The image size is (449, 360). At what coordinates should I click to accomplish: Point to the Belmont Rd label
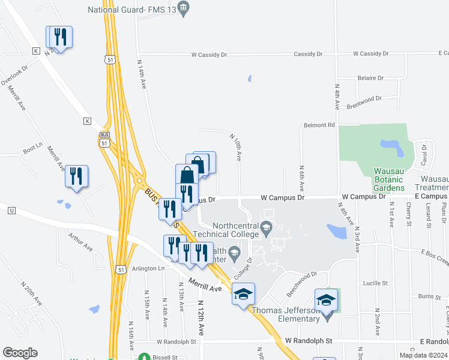tap(319, 125)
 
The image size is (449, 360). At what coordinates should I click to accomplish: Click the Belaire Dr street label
tap(370, 78)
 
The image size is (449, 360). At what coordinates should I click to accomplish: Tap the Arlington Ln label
tap(148, 268)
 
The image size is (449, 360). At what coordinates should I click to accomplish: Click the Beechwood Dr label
tap(301, 283)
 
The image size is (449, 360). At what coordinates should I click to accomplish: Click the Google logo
tap(20, 353)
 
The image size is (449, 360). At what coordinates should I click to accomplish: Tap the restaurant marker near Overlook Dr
tap(59, 37)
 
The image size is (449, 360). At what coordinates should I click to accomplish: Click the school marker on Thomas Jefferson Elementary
tap(326, 299)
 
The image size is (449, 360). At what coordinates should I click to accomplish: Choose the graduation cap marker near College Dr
tap(243, 294)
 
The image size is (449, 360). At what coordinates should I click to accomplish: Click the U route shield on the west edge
tap(11, 210)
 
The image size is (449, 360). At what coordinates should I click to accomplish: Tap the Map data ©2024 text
tap(422, 355)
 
